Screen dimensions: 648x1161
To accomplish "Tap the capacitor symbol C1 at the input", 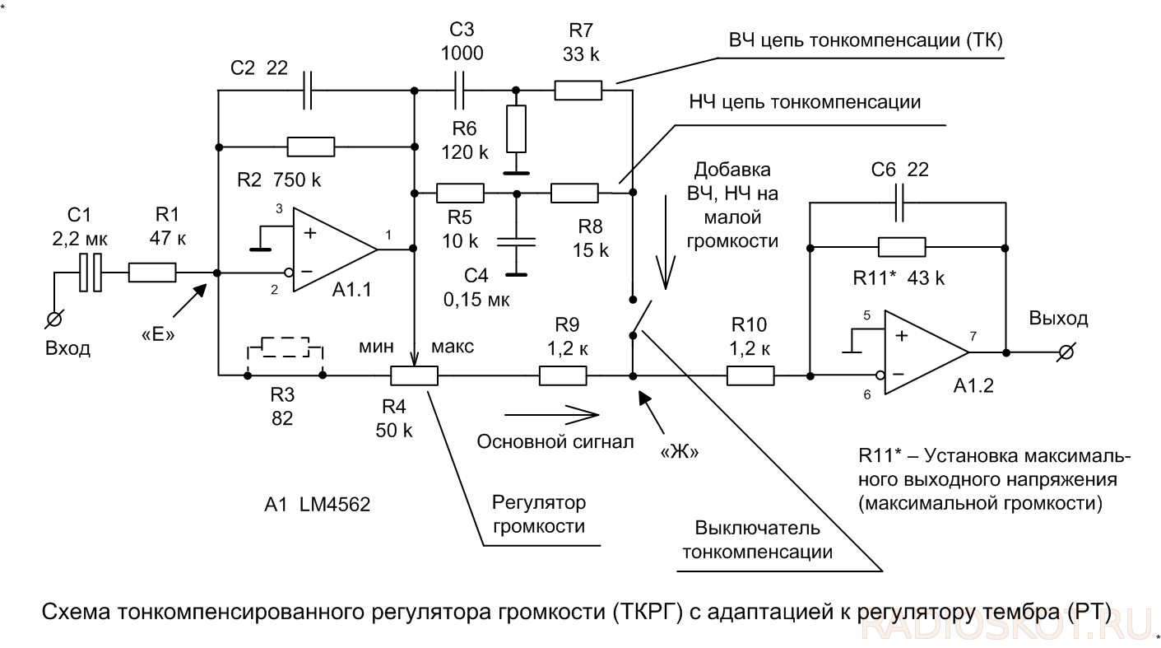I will [x=90, y=272].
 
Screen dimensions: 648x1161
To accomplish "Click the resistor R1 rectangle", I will [x=152, y=272].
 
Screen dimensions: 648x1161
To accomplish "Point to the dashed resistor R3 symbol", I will [x=285, y=347].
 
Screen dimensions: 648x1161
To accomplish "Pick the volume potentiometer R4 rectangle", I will [x=415, y=376].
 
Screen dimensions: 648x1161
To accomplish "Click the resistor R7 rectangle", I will [x=578, y=90].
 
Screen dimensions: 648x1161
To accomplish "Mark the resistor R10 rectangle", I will [x=750, y=376].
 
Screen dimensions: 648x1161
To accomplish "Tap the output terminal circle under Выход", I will [x=1066, y=352].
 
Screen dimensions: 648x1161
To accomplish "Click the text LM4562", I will [x=335, y=505].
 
